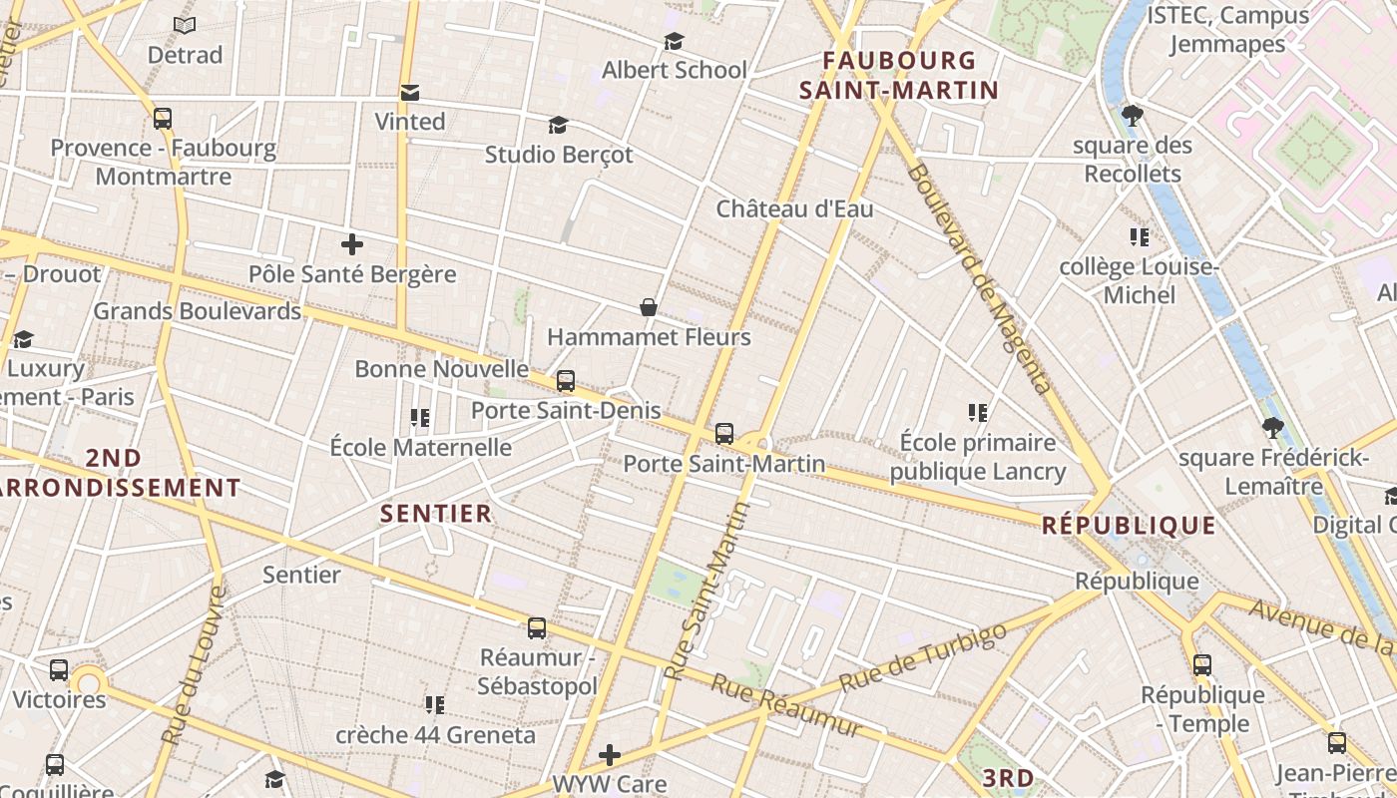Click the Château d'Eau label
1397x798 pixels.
[x=794, y=208]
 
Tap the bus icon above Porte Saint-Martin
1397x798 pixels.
[x=724, y=434]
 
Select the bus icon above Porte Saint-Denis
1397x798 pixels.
[x=566, y=380]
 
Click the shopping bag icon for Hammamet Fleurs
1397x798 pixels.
[x=649, y=306]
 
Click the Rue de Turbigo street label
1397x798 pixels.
[x=922, y=658]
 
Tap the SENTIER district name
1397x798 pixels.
[x=436, y=514]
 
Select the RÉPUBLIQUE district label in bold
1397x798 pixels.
[x=1129, y=526]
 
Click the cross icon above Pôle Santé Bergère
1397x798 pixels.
[x=351, y=243]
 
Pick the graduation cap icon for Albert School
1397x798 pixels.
[x=674, y=41]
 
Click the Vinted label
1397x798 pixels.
[x=409, y=121]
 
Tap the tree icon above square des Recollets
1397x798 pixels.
[x=1132, y=116]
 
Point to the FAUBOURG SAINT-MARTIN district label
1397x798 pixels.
[x=898, y=76]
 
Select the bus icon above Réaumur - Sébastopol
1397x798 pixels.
[x=537, y=628]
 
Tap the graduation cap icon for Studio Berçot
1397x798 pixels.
[x=558, y=125]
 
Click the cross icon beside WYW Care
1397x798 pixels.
[x=609, y=754]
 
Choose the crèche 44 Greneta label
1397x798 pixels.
[x=435, y=735]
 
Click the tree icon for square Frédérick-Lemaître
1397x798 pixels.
[x=1272, y=429]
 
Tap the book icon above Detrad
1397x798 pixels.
[x=185, y=25]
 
